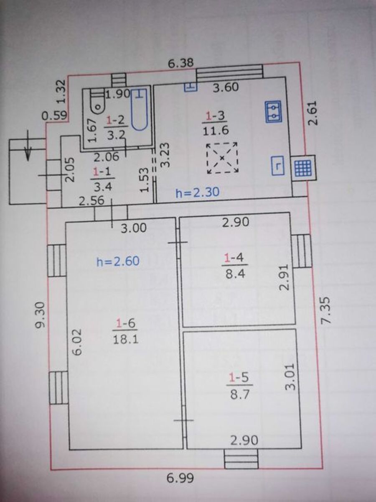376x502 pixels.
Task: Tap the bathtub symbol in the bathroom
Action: pyautogui.click(x=139, y=110)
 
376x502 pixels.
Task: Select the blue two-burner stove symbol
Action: pyautogui.click(x=273, y=111)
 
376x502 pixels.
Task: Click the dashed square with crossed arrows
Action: pyautogui.click(x=222, y=158)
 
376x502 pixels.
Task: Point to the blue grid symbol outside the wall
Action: pyautogui.click(x=303, y=168)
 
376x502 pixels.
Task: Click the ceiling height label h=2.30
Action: pyautogui.click(x=198, y=192)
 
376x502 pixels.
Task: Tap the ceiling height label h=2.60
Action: pyautogui.click(x=118, y=261)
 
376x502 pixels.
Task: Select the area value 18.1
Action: pyautogui.click(x=126, y=339)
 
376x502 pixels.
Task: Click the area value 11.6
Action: pyautogui.click(x=216, y=131)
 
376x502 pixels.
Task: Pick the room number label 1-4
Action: pyautogui.click(x=234, y=259)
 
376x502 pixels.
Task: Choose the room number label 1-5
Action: pyautogui.click(x=239, y=378)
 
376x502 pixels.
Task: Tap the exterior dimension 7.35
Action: pyautogui.click(x=326, y=310)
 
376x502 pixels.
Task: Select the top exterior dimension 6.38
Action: pyautogui.click(x=181, y=63)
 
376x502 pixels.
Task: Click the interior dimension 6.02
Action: pyautogui.click(x=77, y=342)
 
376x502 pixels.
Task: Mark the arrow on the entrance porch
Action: pyautogui.click(x=28, y=146)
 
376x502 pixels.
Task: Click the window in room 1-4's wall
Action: pyautogui.click(x=302, y=251)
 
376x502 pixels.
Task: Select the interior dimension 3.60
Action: pyautogui.click(x=226, y=87)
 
